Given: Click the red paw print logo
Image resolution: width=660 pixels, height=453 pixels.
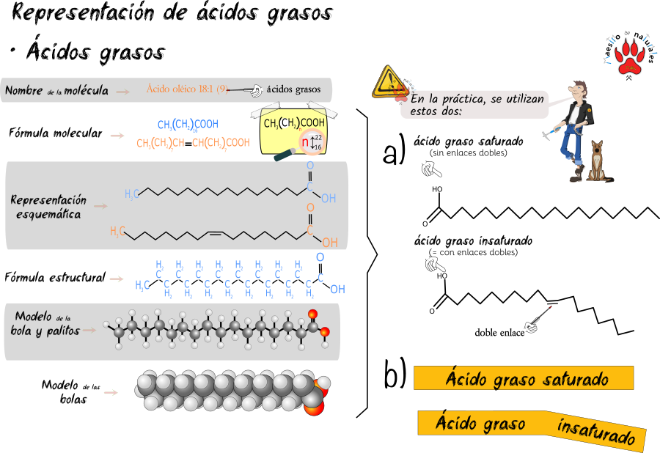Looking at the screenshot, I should pos(629,57).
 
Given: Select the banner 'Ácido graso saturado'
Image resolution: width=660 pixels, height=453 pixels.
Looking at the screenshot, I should pos(524,379).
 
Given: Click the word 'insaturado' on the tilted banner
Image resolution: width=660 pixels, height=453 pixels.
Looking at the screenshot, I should pos(595,432).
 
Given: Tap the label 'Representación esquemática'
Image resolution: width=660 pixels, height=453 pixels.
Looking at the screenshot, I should pos(48,207).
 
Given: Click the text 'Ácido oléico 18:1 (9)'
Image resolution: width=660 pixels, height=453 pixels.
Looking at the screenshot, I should pos(186,89).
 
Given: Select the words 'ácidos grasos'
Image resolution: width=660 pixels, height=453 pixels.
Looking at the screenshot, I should pos(293,89).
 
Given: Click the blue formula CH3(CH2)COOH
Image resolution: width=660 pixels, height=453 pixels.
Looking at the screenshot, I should pos(188,125).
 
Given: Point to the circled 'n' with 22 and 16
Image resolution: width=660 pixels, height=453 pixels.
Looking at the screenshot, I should pos(311,142).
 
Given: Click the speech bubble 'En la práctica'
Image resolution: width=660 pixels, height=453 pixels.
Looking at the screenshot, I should pos(477,104).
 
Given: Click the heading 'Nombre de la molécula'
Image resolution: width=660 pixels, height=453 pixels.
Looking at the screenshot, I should pos(57,91).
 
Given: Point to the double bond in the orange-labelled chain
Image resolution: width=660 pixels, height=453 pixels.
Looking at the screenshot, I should pos(215,233).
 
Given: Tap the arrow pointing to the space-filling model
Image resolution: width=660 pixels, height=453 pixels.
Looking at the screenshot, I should pos(111,393).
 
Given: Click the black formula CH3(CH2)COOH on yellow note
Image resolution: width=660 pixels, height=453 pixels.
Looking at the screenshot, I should pos(294,123).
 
